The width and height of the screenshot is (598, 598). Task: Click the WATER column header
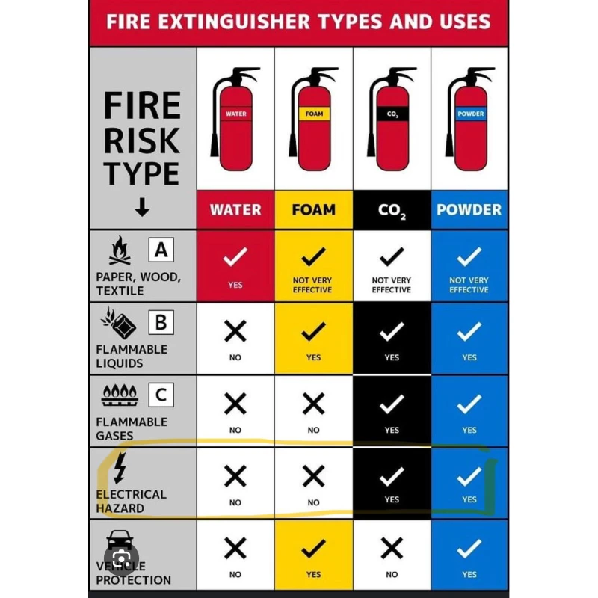tap(235, 209)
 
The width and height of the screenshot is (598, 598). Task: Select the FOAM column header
tap(313, 209)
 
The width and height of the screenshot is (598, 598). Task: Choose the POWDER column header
tap(469, 209)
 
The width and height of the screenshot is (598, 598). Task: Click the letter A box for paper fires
tap(161, 250)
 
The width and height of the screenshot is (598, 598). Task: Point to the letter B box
tap(161, 322)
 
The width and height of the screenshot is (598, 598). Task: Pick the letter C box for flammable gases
tap(161, 395)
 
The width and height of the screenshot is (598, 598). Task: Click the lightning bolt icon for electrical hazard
tap(120, 468)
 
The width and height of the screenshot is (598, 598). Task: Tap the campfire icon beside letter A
tap(120, 250)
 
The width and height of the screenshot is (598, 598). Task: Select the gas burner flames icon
tap(120, 395)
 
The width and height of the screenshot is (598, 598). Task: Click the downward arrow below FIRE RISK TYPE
tap(142, 207)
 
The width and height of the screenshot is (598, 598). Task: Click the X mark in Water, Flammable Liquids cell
tap(235, 330)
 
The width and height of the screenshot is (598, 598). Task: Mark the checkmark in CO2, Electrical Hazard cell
tap(392, 476)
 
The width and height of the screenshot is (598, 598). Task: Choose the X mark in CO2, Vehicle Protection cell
tap(392, 548)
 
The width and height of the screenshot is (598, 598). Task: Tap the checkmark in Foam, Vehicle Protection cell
tap(313, 549)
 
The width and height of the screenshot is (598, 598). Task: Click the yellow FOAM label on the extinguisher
tap(314, 114)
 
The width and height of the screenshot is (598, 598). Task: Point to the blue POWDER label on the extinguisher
tap(471, 114)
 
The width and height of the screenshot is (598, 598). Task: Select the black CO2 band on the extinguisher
tap(392, 114)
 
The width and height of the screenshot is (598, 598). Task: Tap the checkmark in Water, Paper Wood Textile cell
tap(235, 256)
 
